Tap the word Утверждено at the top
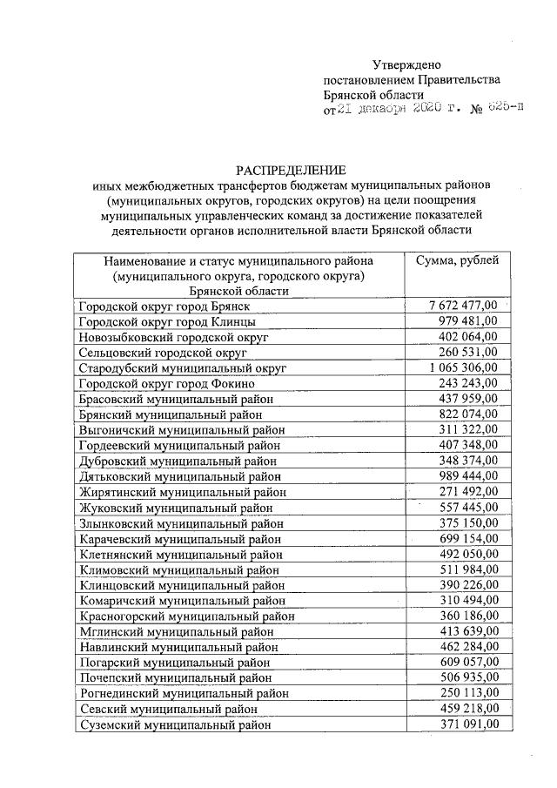click(x=407, y=64)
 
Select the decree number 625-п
click(x=506, y=108)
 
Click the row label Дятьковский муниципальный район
click(x=180, y=476)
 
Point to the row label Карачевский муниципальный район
click(x=180, y=539)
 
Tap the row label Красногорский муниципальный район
click(x=186, y=616)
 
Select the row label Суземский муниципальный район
click(x=175, y=724)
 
